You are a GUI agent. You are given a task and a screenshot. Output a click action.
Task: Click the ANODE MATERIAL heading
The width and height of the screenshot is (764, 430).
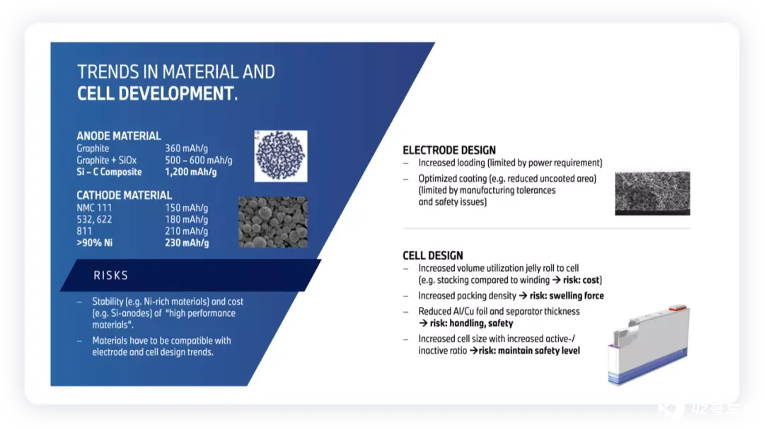coord(118,136)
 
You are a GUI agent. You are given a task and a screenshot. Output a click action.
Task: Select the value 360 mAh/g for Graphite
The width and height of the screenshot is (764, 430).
coord(186,149)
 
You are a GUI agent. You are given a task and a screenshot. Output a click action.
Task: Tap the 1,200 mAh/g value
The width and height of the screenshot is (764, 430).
coord(190,172)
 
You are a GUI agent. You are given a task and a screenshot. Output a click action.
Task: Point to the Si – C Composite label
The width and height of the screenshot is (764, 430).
coord(109,172)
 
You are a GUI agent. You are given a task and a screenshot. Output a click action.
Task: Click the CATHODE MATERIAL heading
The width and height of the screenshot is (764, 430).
coord(125,195)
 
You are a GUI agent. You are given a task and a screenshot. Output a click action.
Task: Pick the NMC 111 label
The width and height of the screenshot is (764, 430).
coord(94,208)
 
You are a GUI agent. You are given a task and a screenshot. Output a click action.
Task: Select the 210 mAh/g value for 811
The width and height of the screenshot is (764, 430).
coord(186,231)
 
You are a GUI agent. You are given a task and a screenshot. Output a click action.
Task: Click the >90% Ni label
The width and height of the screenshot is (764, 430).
coord(95,243)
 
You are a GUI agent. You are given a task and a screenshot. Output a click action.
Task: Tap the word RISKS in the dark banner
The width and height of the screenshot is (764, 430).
coord(110,276)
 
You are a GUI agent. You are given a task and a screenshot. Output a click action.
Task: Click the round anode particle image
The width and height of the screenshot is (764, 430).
coord(281,156)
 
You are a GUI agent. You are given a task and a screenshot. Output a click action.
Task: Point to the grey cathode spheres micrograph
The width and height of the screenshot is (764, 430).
coord(273,222)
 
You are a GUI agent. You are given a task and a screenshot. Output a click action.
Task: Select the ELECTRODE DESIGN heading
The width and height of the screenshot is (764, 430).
coord(449,151)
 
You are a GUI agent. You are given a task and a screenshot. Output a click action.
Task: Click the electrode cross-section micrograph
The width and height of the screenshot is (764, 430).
coord(652,193)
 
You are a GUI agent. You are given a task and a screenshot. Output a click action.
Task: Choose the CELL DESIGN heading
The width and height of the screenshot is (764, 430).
coord(433,255)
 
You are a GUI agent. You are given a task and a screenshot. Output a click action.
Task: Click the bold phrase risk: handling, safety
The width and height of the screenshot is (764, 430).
coord(471,323)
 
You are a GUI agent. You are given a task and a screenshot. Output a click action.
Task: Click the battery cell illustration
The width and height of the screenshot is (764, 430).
coord(649,345)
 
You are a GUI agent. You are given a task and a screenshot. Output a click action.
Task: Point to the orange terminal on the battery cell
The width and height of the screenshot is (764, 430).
coord(677,308)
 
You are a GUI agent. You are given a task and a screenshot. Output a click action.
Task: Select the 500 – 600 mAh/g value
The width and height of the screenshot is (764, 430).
coord(198,161)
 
